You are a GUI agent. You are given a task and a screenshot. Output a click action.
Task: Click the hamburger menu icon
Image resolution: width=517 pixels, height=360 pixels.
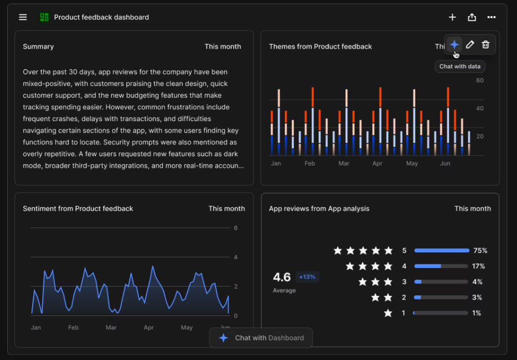(23, 17)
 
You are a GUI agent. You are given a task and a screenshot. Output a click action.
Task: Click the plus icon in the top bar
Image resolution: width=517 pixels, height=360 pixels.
(452, 17)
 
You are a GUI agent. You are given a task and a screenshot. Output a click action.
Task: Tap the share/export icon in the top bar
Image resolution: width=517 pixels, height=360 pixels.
(472, 17)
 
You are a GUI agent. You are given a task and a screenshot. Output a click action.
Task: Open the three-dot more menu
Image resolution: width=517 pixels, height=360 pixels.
(492, 17)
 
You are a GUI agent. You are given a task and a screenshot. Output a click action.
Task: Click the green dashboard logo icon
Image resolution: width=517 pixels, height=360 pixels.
(44, 17)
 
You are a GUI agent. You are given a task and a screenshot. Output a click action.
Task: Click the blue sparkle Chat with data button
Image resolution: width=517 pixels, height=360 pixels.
(454, 44)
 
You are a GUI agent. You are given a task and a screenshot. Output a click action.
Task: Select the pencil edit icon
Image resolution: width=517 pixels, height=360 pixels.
(470, 44)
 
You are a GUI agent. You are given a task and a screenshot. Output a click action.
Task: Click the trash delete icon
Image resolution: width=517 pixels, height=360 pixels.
(485, 44)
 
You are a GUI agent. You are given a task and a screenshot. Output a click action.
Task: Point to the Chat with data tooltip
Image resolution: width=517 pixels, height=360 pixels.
(460, 66)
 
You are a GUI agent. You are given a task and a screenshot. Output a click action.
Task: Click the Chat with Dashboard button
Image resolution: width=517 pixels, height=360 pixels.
(261, 338)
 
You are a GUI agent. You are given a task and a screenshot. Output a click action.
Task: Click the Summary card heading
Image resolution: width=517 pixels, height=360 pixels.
(38, 47)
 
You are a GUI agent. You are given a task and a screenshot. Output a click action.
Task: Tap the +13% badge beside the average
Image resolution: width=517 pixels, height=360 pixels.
(307, 277)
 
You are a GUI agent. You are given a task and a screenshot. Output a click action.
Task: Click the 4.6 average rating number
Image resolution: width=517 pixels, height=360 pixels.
(282, 277)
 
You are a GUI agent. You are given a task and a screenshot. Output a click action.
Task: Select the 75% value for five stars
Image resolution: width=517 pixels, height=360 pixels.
(480, 250)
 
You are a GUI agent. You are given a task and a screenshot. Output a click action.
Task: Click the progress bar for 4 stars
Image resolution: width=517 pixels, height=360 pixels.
(441, 266)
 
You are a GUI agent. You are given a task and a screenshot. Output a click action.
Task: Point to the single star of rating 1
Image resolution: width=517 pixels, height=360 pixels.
(388, 313)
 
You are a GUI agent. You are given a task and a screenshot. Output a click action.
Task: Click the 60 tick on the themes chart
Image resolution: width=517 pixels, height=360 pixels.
(480, 80)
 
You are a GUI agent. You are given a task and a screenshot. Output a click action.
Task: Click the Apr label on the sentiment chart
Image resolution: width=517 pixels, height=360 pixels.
(149, 327)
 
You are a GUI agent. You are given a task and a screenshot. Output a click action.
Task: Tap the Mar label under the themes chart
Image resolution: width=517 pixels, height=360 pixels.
(344, 163)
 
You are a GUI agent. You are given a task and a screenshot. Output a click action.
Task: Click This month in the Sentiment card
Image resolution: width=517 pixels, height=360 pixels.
(226, 208)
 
